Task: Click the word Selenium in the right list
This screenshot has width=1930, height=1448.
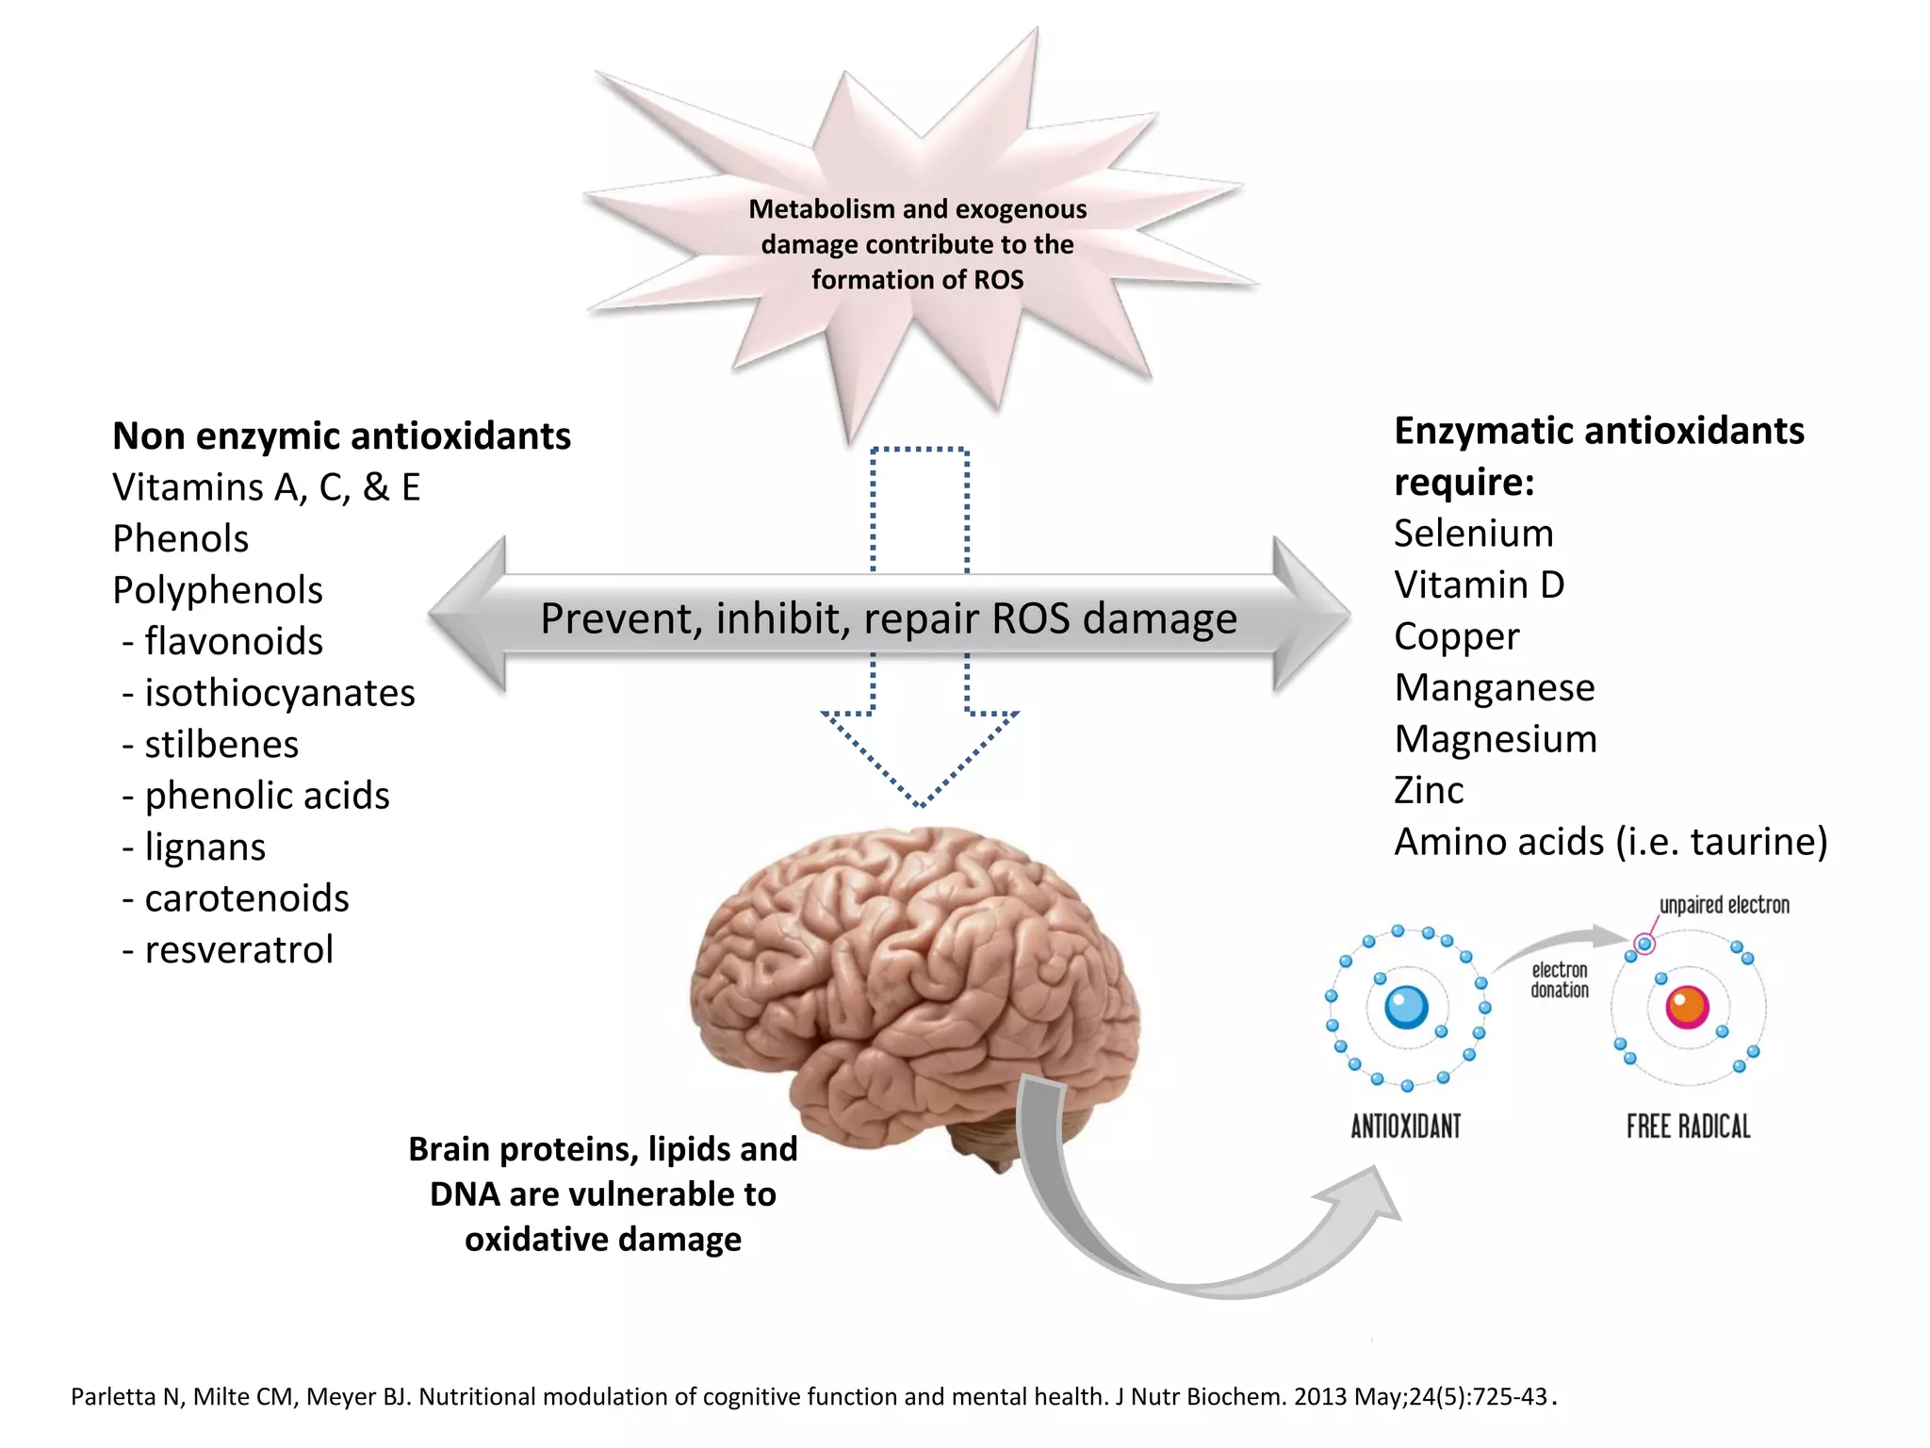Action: pos(1473,534)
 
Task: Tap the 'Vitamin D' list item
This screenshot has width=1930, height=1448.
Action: pos(1479,585)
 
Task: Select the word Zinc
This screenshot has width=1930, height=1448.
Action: pos(1429,791)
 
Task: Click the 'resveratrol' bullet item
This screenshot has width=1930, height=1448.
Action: pos(238,950)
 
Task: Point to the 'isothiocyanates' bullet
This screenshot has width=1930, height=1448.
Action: pos(279,694)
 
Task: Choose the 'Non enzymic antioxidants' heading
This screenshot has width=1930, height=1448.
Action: pos(341,436)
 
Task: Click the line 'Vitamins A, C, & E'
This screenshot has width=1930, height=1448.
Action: pos(266,488)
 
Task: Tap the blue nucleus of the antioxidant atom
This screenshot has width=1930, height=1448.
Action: pos(1406,1007)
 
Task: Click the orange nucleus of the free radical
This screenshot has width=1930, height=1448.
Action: pos(1687,1007)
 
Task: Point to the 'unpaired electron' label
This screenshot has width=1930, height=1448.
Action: pos(1724,906)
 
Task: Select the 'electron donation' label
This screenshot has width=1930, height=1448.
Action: pos(1559,980)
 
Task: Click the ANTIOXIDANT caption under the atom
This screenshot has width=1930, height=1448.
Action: pos(1405,1127)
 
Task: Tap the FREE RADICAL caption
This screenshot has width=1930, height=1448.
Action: pos(1688,1127)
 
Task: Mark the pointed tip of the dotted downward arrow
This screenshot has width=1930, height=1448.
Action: pos(920,803)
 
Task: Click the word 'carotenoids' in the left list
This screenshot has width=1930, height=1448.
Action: pos(246,899)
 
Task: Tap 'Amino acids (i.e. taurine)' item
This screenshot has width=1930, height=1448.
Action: pos(1610,843)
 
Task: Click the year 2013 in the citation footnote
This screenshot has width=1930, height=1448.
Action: pos(1320,1397)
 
